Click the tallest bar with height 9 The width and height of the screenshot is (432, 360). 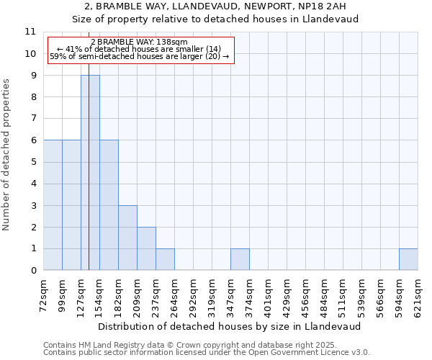pyautogui.click(x=90, y=173)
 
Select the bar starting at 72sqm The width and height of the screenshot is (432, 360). pyautogui.click(x=53, y=205)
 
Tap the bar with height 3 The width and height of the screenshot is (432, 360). pyautogui.click(x=127, y=238)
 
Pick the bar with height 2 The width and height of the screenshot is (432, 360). pyautogui.click(x=146, y=248)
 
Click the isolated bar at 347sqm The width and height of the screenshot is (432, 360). pyautogui.click(x=240, y=259)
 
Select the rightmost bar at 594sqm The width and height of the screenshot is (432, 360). pyautogui.click(x=408, y=259)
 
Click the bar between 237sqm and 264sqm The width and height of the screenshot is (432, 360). pyautogui.click(x=165, y=259)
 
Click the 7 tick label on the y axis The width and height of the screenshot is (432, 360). pyautogui.click(x=32, y=119)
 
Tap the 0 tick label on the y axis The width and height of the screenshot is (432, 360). pyautogui.click(x=32, y=271)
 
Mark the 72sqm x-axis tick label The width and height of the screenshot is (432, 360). pyautogui.click(x=43, y=295)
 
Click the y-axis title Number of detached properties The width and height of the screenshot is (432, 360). pyautogui.click(x=6, y=155)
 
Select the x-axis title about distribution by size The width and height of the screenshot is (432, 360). pyautogui.click(x=230, y=326)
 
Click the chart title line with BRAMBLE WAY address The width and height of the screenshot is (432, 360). pyautogui.click(x=215, y=6)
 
